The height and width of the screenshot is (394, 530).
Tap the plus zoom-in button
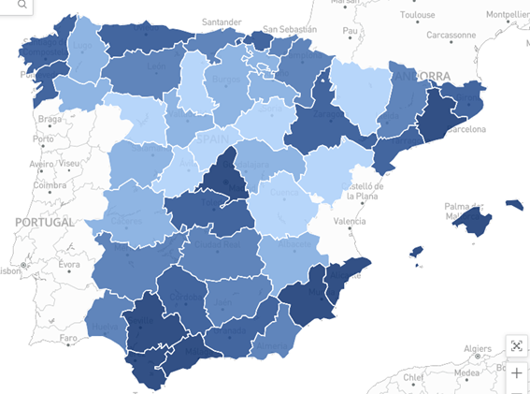pos(516,374)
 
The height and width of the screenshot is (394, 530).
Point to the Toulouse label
pos(417,15)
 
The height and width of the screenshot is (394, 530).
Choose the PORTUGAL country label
pos(44,223)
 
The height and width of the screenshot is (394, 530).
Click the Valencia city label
pos(350,222)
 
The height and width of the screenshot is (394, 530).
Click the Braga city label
pos(50,120)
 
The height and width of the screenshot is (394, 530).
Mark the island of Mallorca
pos(471,222)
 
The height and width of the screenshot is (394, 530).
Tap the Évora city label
pos(70,265)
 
